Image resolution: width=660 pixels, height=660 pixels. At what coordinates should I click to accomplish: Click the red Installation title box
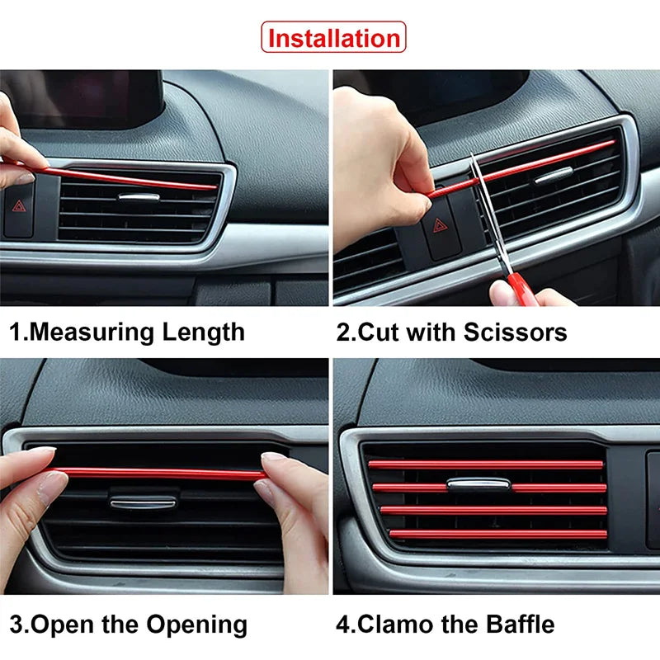pyautogui.click(x=333, y=38)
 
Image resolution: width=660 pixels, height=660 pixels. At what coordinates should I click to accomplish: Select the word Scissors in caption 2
pyautogui.click(x=515, y=332)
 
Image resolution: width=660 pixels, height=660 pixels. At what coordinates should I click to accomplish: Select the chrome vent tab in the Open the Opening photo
pyautogui.click(x=143, y=501)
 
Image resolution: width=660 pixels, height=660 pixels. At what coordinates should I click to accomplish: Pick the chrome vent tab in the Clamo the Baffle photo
pyautogui.click(x=478, y=484)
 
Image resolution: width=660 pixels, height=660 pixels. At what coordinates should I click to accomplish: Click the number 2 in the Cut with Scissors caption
pyautogui.click(x=343, y=332)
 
